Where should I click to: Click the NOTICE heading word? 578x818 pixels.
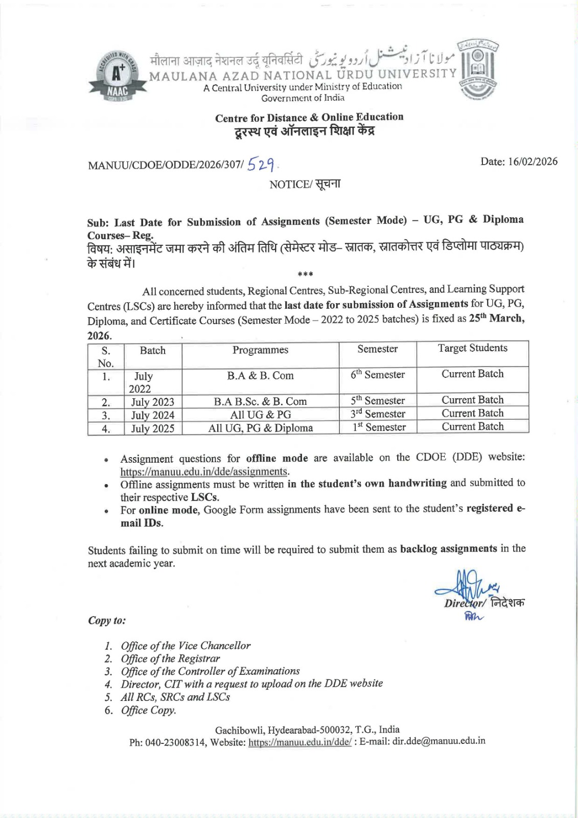288,185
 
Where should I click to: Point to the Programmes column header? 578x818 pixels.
260,350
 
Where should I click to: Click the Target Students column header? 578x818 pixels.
472,348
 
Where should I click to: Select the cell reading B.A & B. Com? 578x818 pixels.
260,376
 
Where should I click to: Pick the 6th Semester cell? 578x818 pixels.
378,375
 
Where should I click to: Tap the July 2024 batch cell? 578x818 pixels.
152,415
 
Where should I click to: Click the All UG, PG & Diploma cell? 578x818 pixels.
260,428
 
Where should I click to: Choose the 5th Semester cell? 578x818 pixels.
378,401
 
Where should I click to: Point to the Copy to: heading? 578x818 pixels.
107,621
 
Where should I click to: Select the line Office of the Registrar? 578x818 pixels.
170,658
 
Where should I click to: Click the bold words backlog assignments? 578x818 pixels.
448,549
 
